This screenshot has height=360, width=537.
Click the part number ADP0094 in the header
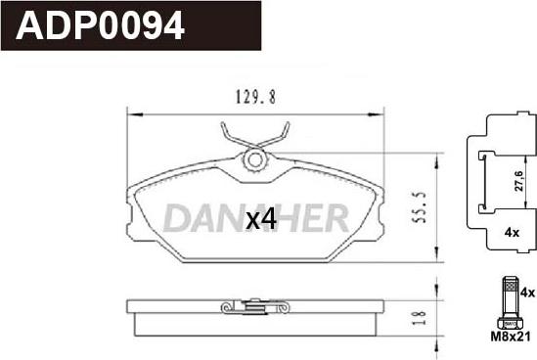100,25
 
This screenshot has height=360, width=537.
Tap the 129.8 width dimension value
255,97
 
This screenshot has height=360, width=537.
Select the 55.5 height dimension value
420,207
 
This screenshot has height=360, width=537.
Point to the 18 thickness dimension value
420,318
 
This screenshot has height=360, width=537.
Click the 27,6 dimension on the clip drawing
518,181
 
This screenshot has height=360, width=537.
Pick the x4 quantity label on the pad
261,219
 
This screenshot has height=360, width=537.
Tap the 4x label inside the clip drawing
512,233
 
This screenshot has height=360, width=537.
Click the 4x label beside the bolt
527,292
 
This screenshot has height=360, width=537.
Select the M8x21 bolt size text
511,337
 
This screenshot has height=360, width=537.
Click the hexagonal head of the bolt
511,324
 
